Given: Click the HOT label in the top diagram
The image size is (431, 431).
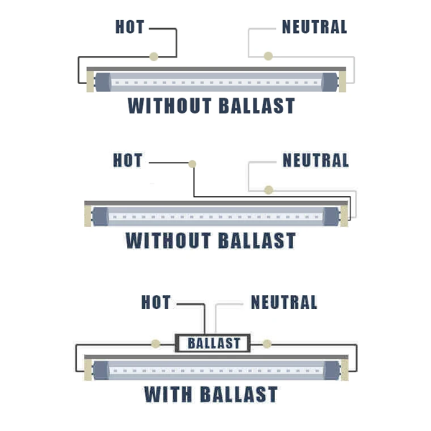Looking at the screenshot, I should coord(130,27).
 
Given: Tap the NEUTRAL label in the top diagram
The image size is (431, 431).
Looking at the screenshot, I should coord(315,27).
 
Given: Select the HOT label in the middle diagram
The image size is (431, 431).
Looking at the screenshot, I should coord(128,160).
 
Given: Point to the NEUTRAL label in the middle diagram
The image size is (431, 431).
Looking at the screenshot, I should coord(315,160).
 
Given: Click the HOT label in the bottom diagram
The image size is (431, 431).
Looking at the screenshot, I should coord(156,302).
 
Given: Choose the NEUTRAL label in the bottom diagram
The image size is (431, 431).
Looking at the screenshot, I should coord(284,302).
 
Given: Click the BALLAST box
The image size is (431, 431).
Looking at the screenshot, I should coord(213,343).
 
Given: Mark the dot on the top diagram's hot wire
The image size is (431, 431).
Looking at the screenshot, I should coord(154,56).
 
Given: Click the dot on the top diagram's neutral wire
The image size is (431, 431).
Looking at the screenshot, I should coord(268,56).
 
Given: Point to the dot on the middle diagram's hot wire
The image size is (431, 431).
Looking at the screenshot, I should coord(193,164).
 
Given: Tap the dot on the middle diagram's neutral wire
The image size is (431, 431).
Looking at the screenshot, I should coord(268,190).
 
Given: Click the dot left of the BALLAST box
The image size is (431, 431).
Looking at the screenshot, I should coord(154,343).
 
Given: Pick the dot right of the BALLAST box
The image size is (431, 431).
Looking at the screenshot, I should coord(267,343).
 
